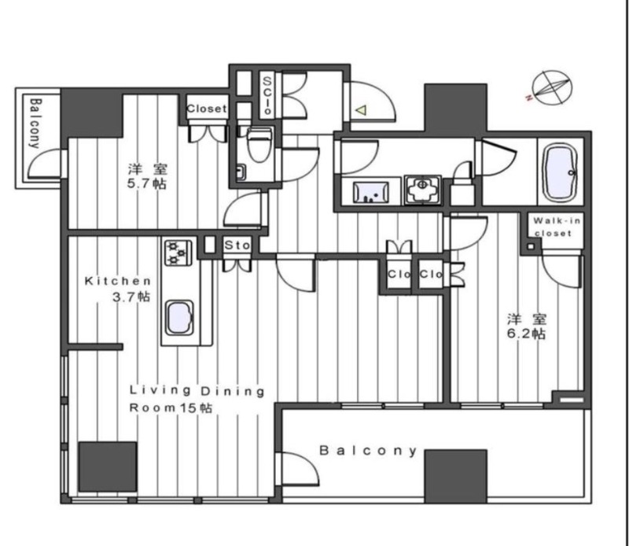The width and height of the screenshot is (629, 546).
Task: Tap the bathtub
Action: click(x=559, y=172)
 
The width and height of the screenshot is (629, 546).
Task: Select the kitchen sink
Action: click(x=180, y=317)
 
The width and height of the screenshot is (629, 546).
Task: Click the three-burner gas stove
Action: click(x=177, y=253)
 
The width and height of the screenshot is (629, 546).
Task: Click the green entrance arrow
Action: click(x=362, y=109)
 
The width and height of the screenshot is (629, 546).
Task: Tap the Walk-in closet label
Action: click(x=557, y=227)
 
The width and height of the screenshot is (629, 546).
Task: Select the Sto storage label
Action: click(x=237, y=245)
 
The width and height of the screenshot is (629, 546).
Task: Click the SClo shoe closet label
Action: click(x=267, y=95)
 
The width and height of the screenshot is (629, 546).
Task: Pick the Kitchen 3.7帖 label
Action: click(x=118, y=289)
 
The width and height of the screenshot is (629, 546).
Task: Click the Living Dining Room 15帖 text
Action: click(x=197, y=399)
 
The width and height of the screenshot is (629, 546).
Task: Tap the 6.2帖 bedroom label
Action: click(x=526, y=326)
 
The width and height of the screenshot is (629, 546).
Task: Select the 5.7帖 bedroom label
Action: click(x=147, y=176)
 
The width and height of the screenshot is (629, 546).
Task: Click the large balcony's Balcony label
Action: click(x=368, y=451)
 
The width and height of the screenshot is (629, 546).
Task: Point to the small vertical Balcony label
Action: click(x=35, y=124)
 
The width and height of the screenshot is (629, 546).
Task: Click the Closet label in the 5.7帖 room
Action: click(x=207, y=109)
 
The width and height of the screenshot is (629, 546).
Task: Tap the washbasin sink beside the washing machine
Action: click(x=370, y=192)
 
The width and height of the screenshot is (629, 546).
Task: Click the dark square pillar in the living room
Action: click(x=108, y=467)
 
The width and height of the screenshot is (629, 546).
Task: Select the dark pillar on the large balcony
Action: click(x=455, y=476)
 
